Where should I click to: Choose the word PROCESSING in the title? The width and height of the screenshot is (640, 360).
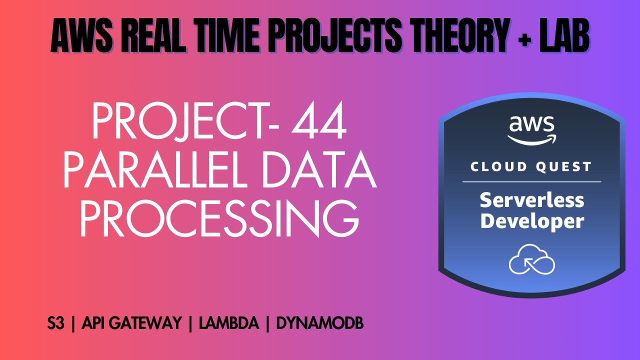(x=219, y=219)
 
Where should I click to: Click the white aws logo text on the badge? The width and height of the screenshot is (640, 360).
(x=531, y=125)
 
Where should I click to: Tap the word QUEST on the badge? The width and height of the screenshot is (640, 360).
(x=565, y=167)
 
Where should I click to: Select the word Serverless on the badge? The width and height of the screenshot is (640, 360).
(x=531, y=200)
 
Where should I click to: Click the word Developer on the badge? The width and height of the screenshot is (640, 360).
(x=531, y=221)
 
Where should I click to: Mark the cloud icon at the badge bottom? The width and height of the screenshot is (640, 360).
(x=531, y=259)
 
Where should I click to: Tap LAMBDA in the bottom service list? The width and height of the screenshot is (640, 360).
(x=228, y=324)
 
